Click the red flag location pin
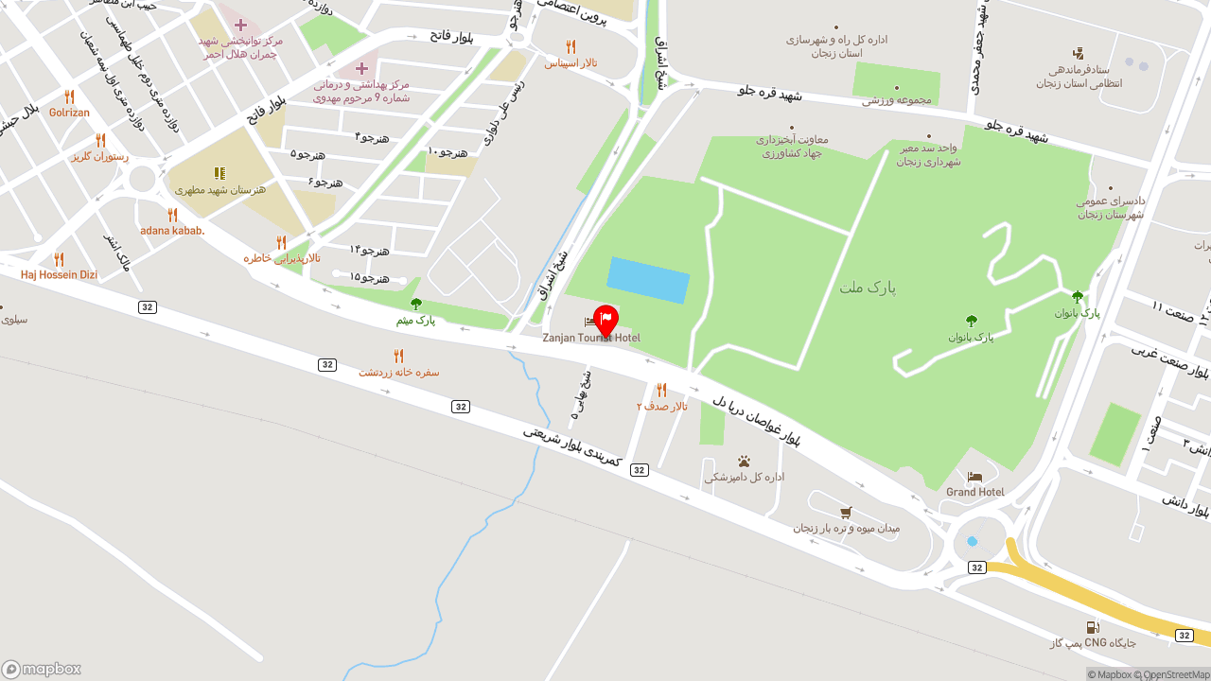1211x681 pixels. click(605, 320)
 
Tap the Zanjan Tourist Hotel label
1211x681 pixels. click(591, 338)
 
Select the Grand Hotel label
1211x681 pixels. click(975, 492)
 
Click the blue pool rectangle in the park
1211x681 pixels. click(648, 280)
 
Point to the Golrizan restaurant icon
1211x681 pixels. click(69, 96)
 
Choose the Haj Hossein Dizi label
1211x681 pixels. click(59, 274)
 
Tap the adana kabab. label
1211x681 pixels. click(172, 230)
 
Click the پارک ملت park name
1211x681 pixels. click(867, 287)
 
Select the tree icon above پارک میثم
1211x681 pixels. click(416, 304)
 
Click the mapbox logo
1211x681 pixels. click(42, 669)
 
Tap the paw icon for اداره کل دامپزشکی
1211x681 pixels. click(744, 462)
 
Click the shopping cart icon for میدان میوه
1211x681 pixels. click(846, 512)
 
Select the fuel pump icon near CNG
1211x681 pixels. click(1093, 627)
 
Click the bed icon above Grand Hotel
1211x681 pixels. click(975, 477)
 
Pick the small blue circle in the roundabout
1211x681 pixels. click(972, 541)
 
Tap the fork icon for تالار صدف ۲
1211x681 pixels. click(661, 390)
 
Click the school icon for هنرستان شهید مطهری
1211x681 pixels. click(219, 173)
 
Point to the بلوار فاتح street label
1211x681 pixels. click(451, 35)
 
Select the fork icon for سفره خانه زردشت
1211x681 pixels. click(398, 356)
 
